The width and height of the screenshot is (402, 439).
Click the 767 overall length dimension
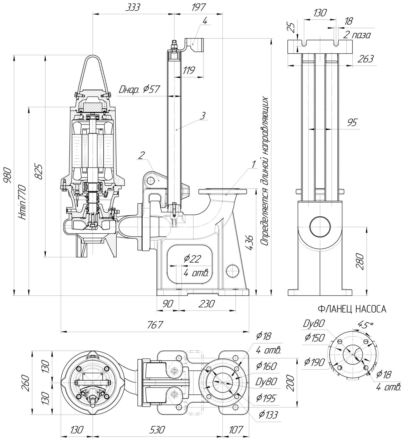click(x=155, y=325)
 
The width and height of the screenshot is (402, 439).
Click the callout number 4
click(x=205, y=21)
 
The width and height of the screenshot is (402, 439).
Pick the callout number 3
click(x=203, y=116)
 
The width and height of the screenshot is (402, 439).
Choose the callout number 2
click(x=141, y=155)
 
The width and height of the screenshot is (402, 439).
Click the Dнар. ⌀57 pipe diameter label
click(x=139, y=90)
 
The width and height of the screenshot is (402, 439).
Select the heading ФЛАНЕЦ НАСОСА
click(x=352, y=309)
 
